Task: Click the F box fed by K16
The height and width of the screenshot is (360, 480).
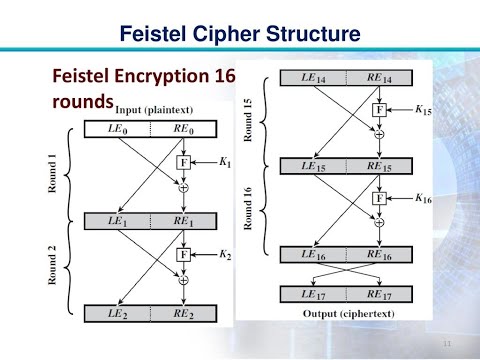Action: point(379,197)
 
